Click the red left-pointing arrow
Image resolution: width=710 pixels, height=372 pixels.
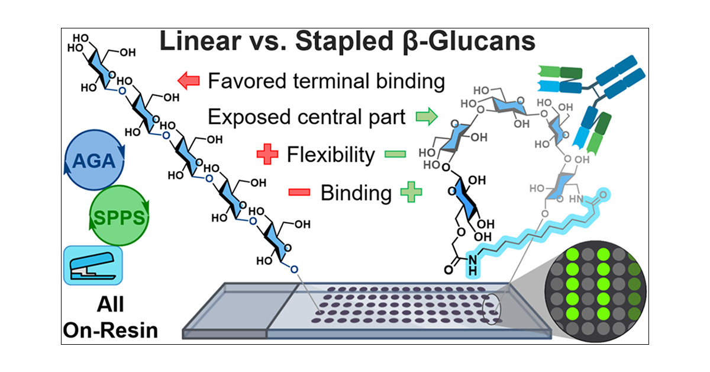[x=189, y=81]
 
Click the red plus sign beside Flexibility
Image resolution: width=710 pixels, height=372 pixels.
[x=267, y=155]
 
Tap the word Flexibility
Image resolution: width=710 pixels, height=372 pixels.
[x=331, y=155]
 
